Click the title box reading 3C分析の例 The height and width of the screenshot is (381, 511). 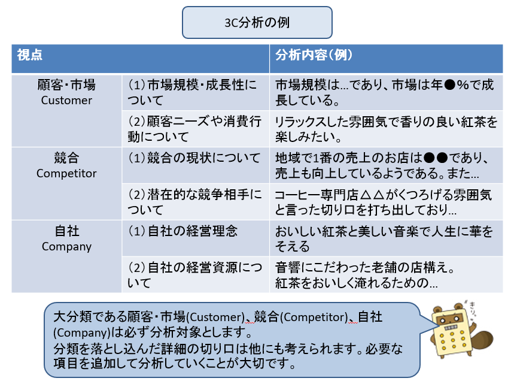pos(257,23)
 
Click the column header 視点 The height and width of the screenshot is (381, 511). pos(30,55)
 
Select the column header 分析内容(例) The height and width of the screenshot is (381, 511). pos(314,55)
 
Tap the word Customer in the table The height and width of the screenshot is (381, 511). pos(66,100)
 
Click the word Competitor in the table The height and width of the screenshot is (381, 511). pos(66,173)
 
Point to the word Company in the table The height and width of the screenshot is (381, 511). pos(66,247)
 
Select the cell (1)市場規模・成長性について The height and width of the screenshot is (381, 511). pos(196,93)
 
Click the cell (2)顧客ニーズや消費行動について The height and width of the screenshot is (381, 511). pos(196,129)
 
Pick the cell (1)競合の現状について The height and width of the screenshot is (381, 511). pos(196,165)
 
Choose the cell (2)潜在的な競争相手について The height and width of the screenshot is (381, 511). pos(196,202)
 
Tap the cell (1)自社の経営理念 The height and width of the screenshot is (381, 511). pos(196,238)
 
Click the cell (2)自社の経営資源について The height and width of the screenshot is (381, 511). pos(196,274)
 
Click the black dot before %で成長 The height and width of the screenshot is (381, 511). pos(449,85)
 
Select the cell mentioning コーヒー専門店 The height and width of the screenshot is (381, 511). pos(386,202)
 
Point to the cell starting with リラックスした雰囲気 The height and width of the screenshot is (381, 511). pos(386,129)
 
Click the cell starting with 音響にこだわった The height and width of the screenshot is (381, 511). pos(386,274)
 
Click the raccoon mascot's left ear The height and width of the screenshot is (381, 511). pos(437,310)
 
